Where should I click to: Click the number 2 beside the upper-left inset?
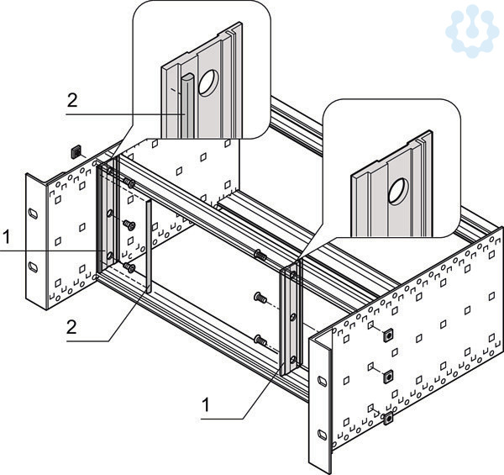click(72, 101)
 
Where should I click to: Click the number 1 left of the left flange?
click(7, 237)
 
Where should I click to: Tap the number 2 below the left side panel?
click(71, 328)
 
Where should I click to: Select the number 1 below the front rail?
click(206, 404)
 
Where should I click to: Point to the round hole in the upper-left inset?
click(208, 82)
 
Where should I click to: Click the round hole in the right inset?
click(398, 192)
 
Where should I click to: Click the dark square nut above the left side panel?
click(76, 152)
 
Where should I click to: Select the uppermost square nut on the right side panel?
click(389, 335)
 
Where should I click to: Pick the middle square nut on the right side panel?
click(389, 377)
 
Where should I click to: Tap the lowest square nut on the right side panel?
click(389, 418)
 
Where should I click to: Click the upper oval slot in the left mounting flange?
click(33, 214)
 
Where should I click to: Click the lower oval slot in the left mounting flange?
click(33, 267)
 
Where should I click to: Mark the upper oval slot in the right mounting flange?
click(322, 381)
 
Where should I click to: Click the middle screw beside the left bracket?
click(129, 224)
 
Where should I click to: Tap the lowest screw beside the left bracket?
click(129, 267)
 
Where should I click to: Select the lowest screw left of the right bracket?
click(260, 340)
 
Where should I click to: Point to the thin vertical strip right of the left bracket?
click(149, 245)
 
